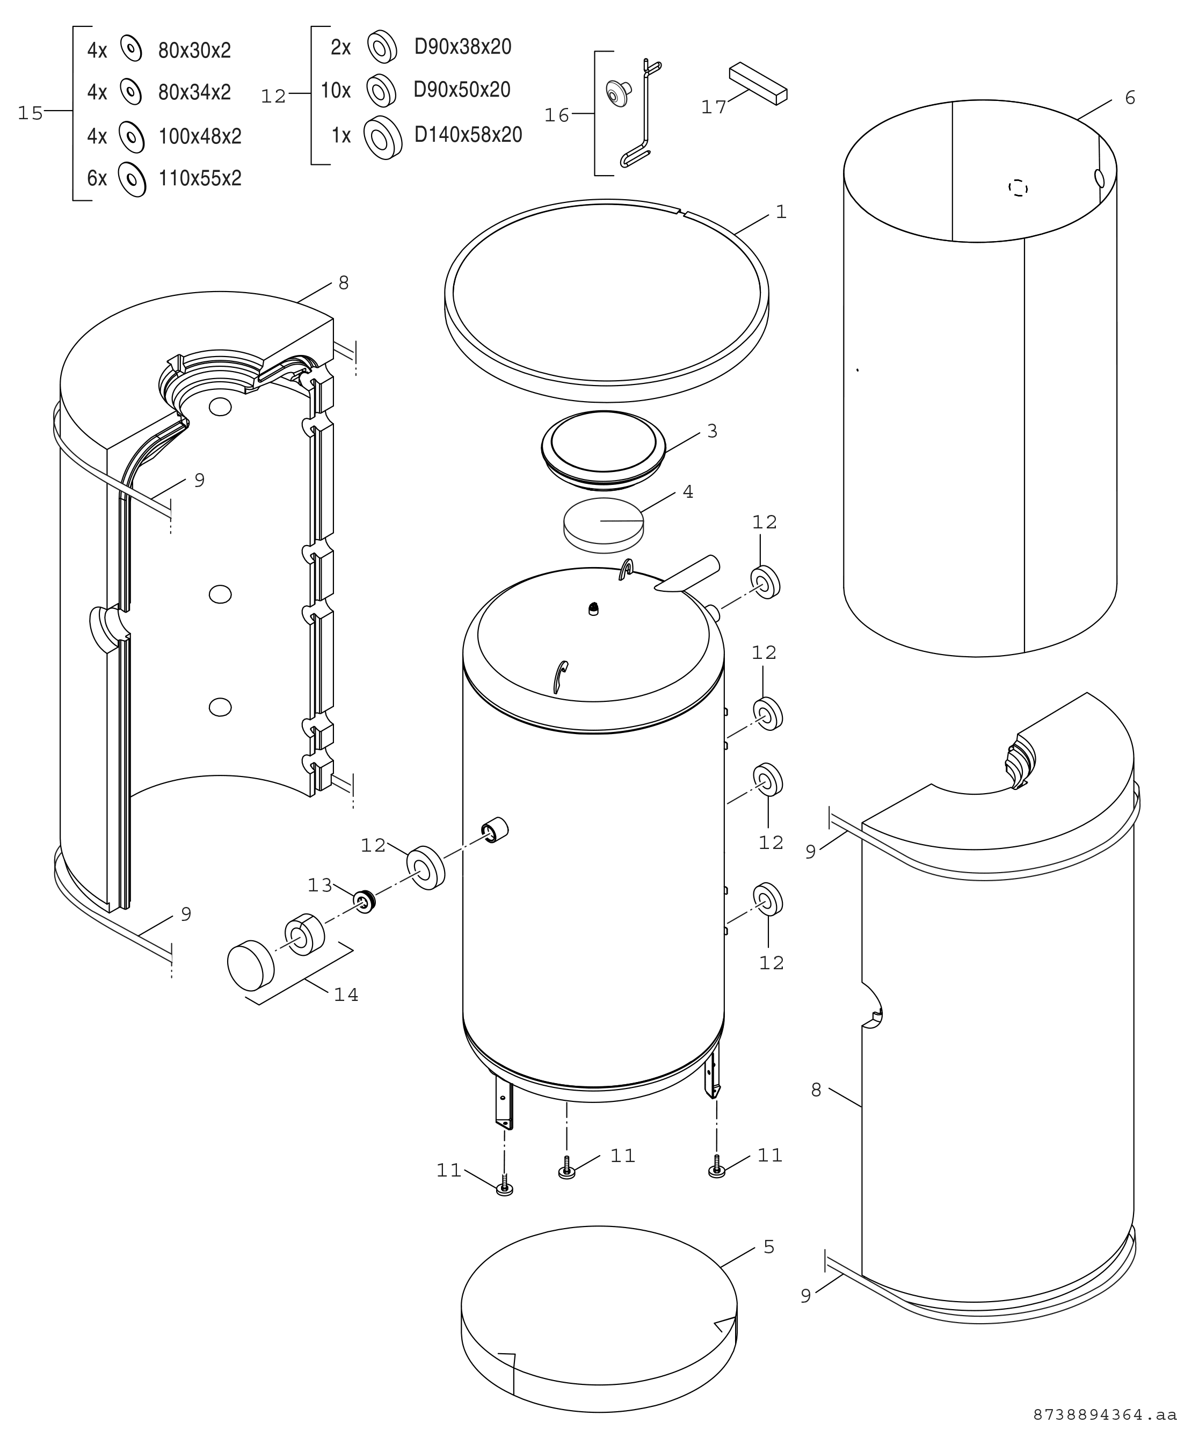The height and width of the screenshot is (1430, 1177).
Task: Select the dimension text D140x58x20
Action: tap(469, 135)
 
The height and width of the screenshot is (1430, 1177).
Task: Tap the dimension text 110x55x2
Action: tap(200, 178)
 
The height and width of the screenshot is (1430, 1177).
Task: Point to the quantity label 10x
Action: tap(336, 90)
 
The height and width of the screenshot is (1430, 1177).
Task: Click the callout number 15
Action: tap(31, 113)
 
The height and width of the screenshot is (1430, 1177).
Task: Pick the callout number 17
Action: tap(714, 107)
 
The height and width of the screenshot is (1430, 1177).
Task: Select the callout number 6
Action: tap(1130, 98)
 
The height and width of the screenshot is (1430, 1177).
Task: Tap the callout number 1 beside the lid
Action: tap(781, 212)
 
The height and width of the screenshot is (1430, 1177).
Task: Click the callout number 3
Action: tap(712, 431)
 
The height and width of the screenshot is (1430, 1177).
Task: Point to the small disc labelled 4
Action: tap(604, 521)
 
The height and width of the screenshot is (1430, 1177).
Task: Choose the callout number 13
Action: tap(320, 885)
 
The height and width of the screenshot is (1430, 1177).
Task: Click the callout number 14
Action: tap(346, 995)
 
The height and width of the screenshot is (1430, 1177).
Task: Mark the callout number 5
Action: tap(769, 1247)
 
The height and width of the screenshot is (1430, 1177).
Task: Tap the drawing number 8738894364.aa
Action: tap(1104, 1414)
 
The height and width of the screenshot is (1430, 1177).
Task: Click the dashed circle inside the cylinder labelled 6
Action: tap(1019, 188)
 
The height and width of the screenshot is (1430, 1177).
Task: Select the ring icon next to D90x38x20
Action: tap(382, 47)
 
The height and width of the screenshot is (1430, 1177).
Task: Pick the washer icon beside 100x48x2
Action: tap(132, 137)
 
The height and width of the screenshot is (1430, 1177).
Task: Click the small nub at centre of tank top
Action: tap(594, 608)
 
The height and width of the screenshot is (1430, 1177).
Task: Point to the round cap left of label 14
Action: tap(250, 966)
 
